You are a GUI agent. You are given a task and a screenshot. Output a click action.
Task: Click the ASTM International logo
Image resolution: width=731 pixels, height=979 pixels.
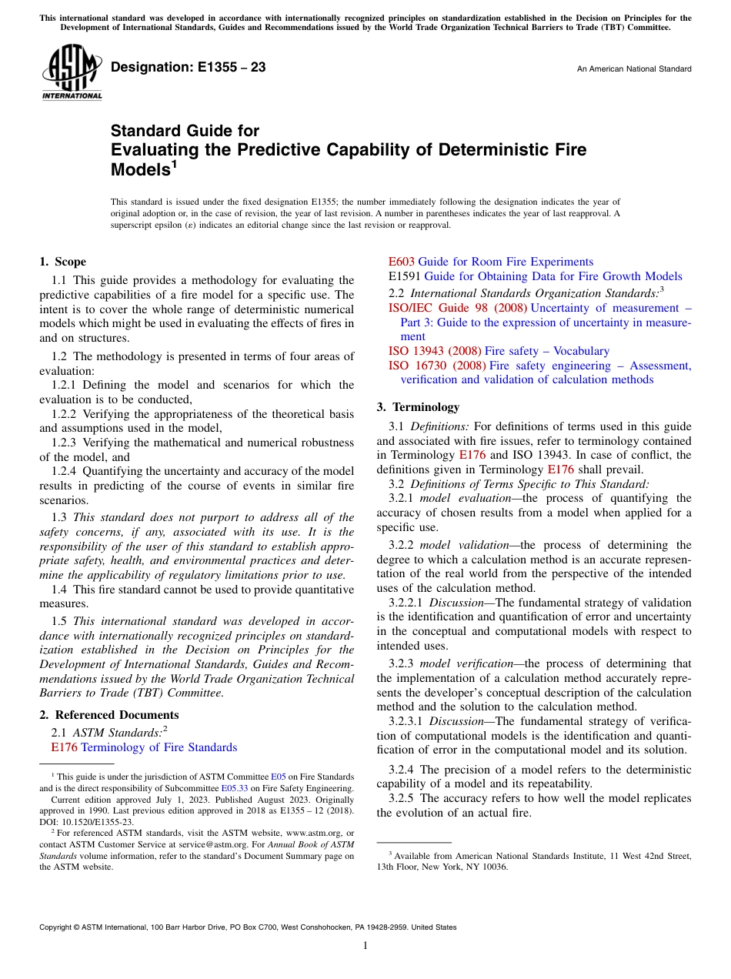[x=71, y=73]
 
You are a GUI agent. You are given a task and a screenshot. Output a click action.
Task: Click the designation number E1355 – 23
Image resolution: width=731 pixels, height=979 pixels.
[x=189, y=68]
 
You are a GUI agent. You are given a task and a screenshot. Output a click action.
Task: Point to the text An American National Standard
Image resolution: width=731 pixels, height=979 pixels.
[x=633, y=69]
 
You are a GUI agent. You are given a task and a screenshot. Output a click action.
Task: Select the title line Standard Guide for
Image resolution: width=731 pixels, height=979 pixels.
[x=185, y=131]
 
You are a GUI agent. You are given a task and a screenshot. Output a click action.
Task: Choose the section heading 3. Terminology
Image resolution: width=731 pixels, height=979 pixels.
[x=417, y=407]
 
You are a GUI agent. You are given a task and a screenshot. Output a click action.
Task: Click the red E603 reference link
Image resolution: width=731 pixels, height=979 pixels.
[x=401, y=262]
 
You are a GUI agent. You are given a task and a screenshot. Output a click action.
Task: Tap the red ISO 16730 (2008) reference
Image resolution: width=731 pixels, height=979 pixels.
[x=436, y=366]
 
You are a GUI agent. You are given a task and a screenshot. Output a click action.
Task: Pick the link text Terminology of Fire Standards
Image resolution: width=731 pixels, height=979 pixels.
[x=159, y=747]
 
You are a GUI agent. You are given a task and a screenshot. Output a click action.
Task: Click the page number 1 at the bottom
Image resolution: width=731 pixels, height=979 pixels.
[x=365, y=946]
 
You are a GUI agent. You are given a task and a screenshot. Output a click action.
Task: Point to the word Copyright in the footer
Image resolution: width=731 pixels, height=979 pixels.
[x=57, y=927]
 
